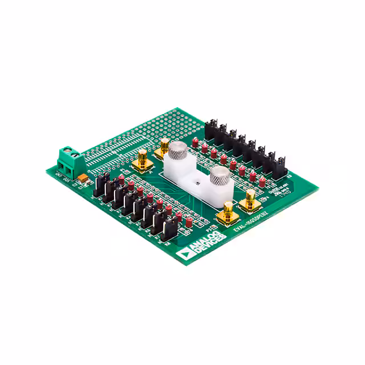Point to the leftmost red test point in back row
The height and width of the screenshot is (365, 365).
[x=195, y=140]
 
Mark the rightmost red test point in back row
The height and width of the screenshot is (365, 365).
[x=262, y=181]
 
